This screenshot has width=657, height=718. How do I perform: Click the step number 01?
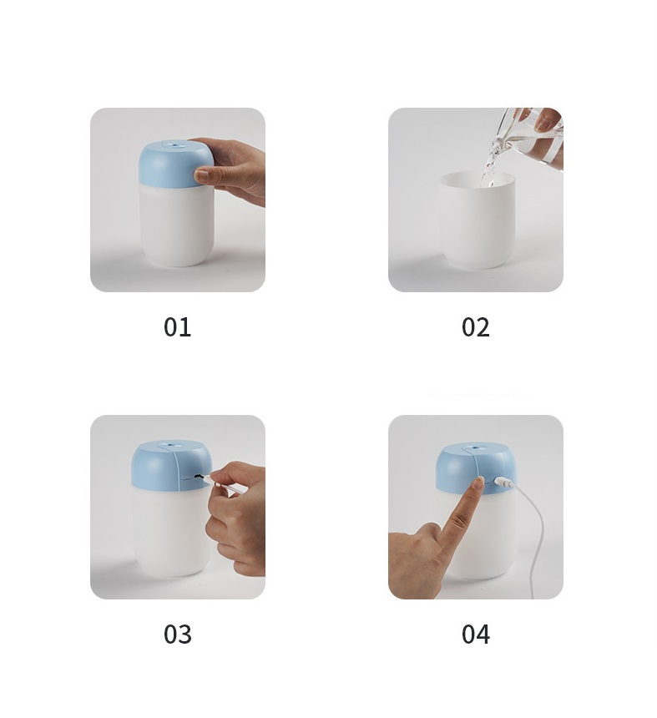[x=177, y=327]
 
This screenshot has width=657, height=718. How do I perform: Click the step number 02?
[x=475, y=327]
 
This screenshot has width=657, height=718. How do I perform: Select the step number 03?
[x=177, y=635]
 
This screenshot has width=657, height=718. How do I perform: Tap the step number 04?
[x=475, y=635]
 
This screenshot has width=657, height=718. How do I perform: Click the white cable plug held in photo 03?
[x=219, y=477]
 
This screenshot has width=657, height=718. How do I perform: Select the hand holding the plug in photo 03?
[x=238, y=518]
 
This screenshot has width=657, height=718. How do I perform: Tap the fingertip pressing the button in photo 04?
[x=478, y=483]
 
